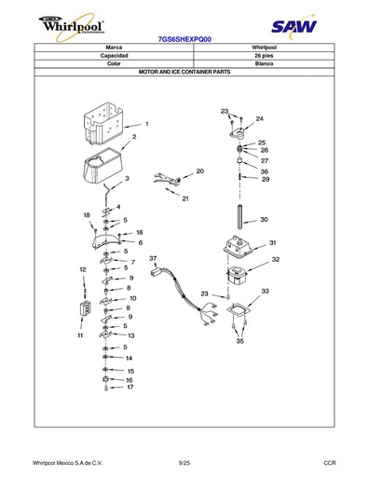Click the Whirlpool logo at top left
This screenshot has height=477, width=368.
coord(72,27)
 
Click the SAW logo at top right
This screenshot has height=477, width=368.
coord(293,26)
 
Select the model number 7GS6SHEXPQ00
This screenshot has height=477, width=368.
coord(184,39)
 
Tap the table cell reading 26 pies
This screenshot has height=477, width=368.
coord(264,56)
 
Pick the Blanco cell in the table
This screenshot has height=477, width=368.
coord(264,63)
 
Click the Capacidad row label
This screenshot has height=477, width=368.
coord(114,56)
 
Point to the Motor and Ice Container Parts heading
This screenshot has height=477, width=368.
coord(184,72)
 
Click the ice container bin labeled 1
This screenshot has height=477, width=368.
coord(103,124)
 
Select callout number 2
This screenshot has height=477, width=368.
coord(134,137)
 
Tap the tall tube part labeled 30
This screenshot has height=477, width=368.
coord(240,216)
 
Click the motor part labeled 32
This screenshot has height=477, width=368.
coord(237,275)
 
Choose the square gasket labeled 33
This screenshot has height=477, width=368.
coord(239,309)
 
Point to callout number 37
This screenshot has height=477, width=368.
coord(153,258)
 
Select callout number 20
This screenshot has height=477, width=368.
coord(200,171)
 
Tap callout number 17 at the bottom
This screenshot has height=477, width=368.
coord(130,387)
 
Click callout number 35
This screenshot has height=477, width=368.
coord(239,341)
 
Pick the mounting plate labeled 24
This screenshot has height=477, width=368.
coord(238,133)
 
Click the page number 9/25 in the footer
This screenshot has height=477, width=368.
coord(184,463)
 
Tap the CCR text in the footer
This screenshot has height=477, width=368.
coord(330,463)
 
